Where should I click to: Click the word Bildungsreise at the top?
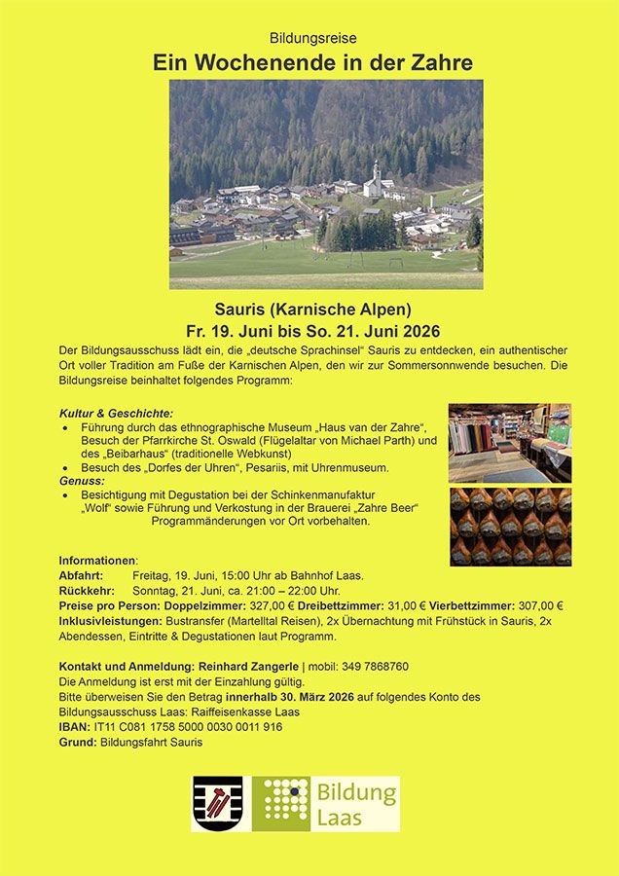point(313,38)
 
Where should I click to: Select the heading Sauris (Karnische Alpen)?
point(312,310)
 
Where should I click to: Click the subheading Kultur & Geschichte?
point(116,413)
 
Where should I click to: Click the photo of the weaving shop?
point(509,443)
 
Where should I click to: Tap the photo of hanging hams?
point(509,526)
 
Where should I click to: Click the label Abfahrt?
point(81,575)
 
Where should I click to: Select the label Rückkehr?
point(87,591)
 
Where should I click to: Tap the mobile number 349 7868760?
point(374,667)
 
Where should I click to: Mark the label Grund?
point(77,743)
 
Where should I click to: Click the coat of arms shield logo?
point(217,803)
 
